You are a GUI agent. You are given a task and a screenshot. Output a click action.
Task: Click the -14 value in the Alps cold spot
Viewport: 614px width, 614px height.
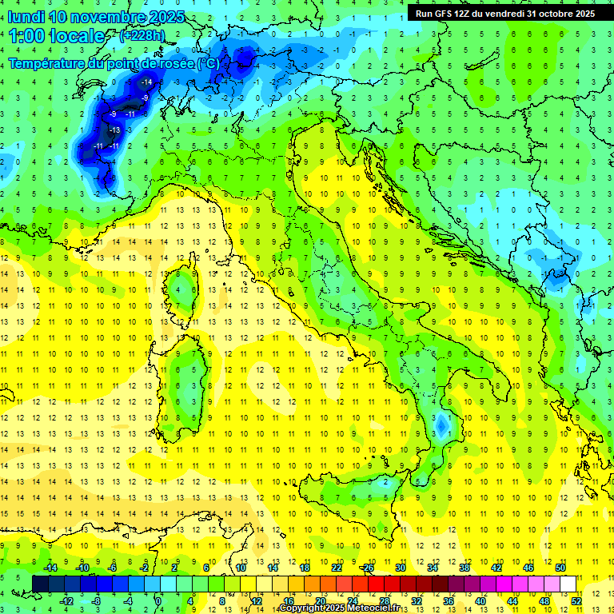click(146, 82)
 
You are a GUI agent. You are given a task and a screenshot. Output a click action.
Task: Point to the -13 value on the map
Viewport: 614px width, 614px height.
click(114, 130)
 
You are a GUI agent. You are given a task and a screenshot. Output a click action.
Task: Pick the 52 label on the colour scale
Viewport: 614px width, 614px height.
click(576, 600)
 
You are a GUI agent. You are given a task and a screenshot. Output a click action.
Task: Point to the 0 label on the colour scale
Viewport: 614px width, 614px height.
click(158, 600)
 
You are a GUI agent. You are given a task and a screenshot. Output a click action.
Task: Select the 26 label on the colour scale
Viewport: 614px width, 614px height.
click(368, 567)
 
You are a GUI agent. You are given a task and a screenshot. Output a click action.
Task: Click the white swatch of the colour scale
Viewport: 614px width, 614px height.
click(568, 584)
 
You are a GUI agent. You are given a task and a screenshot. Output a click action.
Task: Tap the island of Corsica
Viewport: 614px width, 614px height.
click(185, 288)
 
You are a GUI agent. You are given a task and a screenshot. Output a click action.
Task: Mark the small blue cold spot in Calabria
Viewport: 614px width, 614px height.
click(441, 424)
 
